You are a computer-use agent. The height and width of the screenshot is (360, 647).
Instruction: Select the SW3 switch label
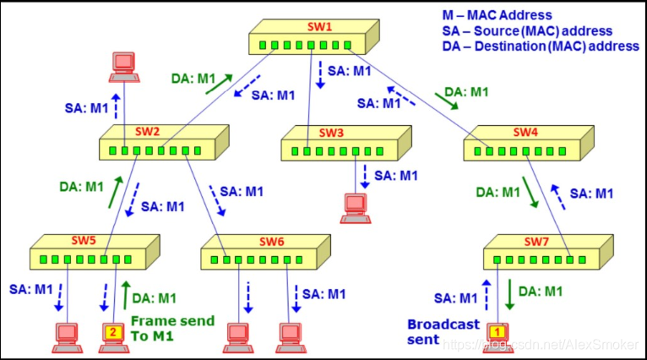click(x=331, y=133)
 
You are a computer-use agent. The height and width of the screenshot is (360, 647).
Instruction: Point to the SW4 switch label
click(x=525, y=133)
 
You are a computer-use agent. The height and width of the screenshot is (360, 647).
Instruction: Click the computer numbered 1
click(x=497, y=334)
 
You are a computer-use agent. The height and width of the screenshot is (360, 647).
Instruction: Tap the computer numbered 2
click(x=113, y=335)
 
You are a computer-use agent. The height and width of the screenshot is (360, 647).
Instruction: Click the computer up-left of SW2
click(x=125, y=66)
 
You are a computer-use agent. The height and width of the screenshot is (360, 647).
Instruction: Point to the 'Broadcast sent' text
click(x=443, y=331)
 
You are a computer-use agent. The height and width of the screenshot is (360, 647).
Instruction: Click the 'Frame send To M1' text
click(x=172, y=328)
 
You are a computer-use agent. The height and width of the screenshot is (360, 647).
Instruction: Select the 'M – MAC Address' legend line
click(x=497, y=15)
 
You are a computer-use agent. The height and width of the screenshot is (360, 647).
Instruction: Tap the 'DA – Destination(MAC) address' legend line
click(x=541, y=46)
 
